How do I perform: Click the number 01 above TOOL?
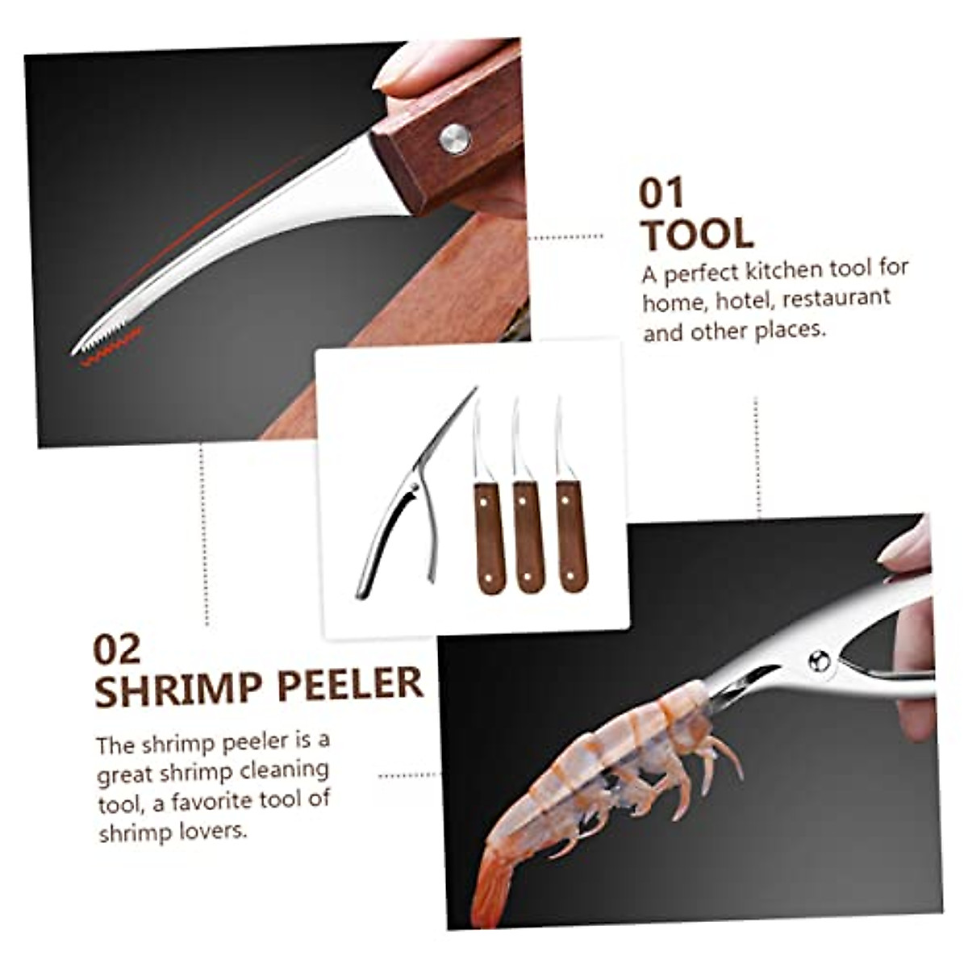(661, 194)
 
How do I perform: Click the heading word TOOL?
(698, 234)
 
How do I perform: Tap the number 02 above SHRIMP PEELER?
(117, 649)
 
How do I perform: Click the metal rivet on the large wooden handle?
(455, 139)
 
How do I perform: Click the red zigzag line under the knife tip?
(113, 352)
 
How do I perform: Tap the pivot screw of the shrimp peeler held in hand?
(820, 661)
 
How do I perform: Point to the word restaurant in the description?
(836, 298)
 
